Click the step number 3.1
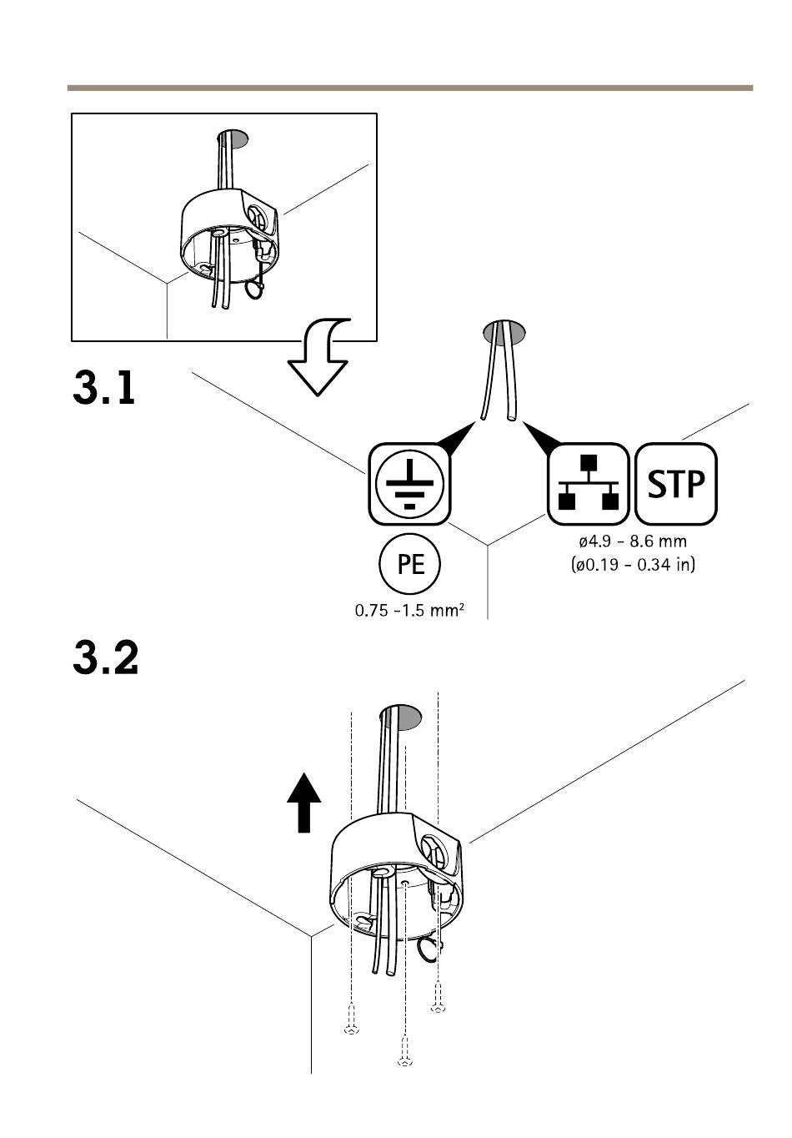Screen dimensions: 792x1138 (104, 388)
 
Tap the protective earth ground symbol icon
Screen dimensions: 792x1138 (409, 483)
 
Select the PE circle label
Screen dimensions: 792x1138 (409, 564)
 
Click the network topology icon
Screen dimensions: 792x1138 (589, 483)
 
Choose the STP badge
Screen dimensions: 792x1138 (676, 483)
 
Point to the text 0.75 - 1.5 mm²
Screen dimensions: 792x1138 (409, 610)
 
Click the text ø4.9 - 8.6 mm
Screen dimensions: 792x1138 (633, 541)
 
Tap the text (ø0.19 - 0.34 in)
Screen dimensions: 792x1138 (633, 565)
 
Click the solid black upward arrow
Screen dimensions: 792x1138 (304, 803)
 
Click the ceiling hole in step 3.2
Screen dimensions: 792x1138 (400, 718)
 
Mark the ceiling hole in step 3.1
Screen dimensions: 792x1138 (504, 332)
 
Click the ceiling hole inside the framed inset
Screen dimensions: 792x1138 (233, 138)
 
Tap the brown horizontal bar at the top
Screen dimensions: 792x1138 (410, 88)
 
